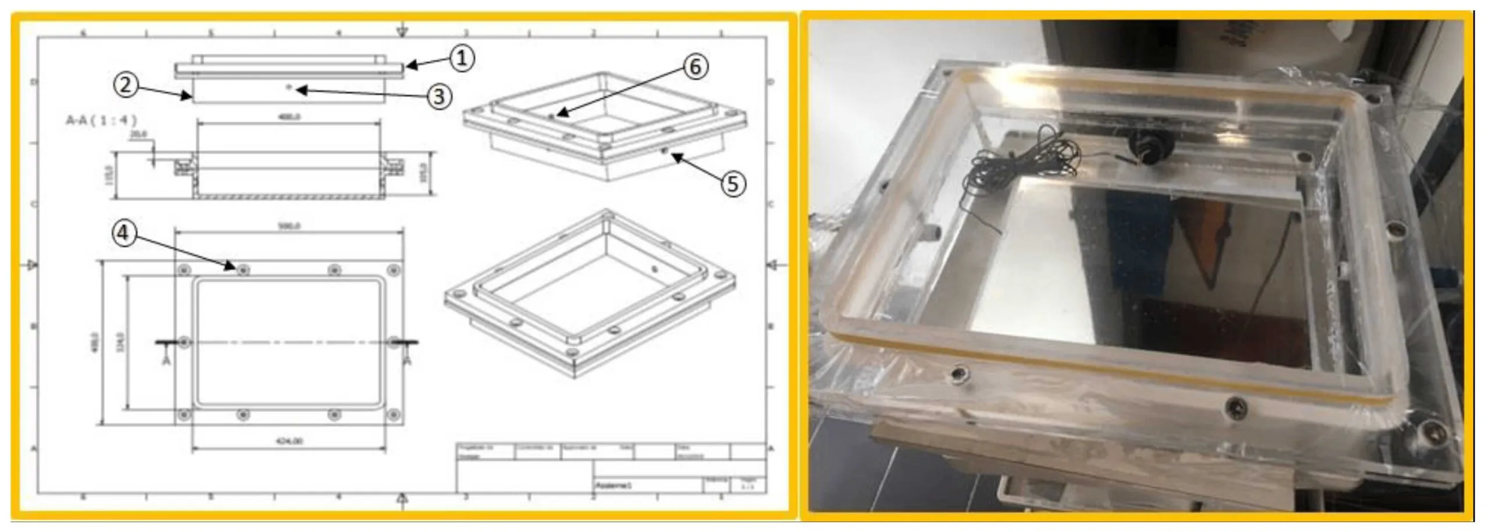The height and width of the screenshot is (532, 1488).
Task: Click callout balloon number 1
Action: pos(462,58)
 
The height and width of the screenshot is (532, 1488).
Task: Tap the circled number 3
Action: pos(439,97)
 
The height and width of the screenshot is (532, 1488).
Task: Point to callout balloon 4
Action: pos(124,233)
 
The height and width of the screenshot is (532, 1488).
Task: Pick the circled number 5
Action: pos(733,184)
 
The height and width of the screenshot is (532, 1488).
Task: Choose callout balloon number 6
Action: pos(695,67)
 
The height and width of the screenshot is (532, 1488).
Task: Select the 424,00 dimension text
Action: pos(289,441)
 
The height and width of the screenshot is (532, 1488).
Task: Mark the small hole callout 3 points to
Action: pos(289,87)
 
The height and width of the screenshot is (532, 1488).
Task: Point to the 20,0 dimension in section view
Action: pos(138,134)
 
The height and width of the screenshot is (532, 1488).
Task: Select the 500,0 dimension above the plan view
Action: pos(289,226)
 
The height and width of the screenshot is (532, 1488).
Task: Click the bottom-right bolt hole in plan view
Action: pos(394,415)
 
